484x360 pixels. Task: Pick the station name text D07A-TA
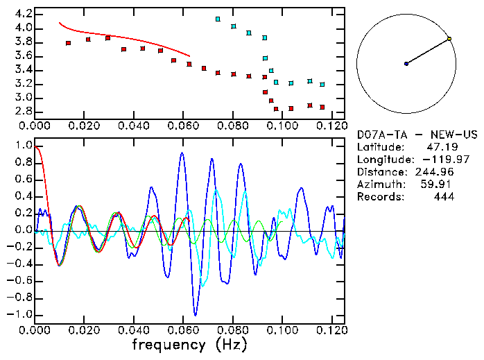tap(381, 135)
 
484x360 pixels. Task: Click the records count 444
tap(442, 197)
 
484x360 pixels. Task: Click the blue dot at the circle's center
tap(406, 64)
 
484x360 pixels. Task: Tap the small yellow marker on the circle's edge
tap(449, 39)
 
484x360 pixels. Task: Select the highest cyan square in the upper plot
tap(218, 19)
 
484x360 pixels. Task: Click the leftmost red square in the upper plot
tap(68, 43)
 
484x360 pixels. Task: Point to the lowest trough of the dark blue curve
tap(196, 315)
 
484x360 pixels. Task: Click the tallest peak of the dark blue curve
tap(182, 153)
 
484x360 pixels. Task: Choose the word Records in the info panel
tap(379, 197)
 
